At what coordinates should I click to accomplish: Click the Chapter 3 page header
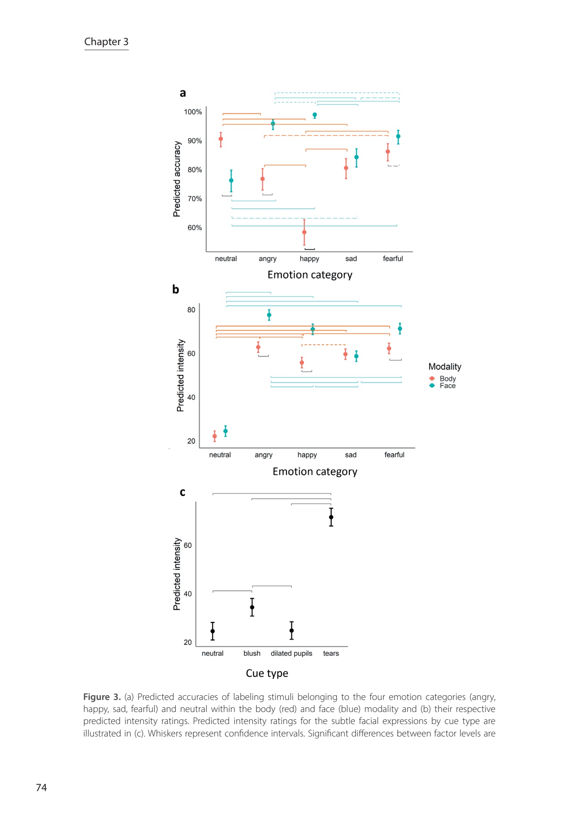pyautogui.click(x=106, y=42)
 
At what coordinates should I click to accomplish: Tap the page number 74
pyautogui.click(x=41, y=787)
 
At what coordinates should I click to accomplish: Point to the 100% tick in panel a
pyautogui.click(x=193, y=112)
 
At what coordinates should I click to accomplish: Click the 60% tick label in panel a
pyautogui.click(x=195, y=228)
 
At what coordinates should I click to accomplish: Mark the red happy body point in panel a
pyautogui.click(x=304, y=232)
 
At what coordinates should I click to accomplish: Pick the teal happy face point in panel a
pyautogui.click(x=315, y=115)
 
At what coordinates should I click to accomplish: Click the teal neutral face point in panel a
pyautogui.click(x=231, y=180)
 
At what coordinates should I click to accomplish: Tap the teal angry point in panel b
pyautogui.click(x=269, y=315)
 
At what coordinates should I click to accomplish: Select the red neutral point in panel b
pyautogui.click(x=214, y=436)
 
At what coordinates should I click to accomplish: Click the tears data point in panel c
pyautogui.click(x=331, y=517)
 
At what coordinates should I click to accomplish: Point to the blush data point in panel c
pyautogui.click(x=252, y=607)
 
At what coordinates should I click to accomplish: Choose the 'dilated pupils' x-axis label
pyautogui.click(x=291, y=653)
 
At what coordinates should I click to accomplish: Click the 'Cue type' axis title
pyautogui.click(x=267, y=673)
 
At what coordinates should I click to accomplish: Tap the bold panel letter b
pyautogui.click(x=175, y=290)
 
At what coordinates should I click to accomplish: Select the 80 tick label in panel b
pyautogui.click(x=191, y=310)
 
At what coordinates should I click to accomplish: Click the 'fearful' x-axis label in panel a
pyautogui.click(x=393, y=259)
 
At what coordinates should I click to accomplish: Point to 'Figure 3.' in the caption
pyautogui.click(x=102, y=697)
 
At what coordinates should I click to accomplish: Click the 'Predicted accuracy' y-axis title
pyautogui.click(x=177, y=179)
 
